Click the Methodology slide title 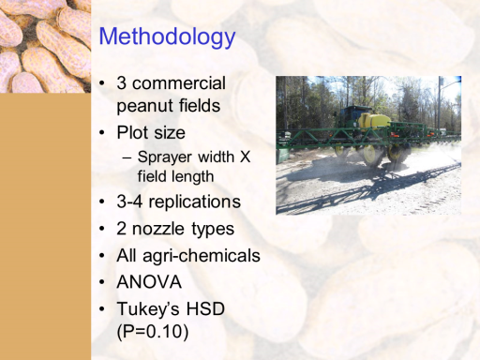coord(167,37)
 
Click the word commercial coord(178,83)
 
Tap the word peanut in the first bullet coord(142,106)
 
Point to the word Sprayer coord(164,157)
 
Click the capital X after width coord(245,157)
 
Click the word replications coord(194,202)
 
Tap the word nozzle coord(158,229)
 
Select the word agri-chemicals coord(202,256)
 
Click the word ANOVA coord(149,282)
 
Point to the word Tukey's coord(148,309)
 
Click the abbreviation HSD coord(205,308)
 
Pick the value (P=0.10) coord(153,332)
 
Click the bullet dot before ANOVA coord(102,282)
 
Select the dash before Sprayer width coord(127,157)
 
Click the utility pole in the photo coord(441,103)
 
